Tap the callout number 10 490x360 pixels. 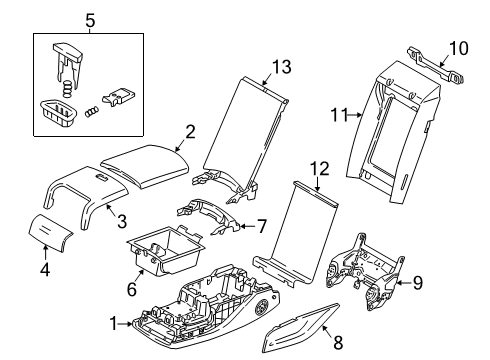(457, 48)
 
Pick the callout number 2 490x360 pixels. (190, 131)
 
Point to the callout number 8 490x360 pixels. (338, 342)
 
